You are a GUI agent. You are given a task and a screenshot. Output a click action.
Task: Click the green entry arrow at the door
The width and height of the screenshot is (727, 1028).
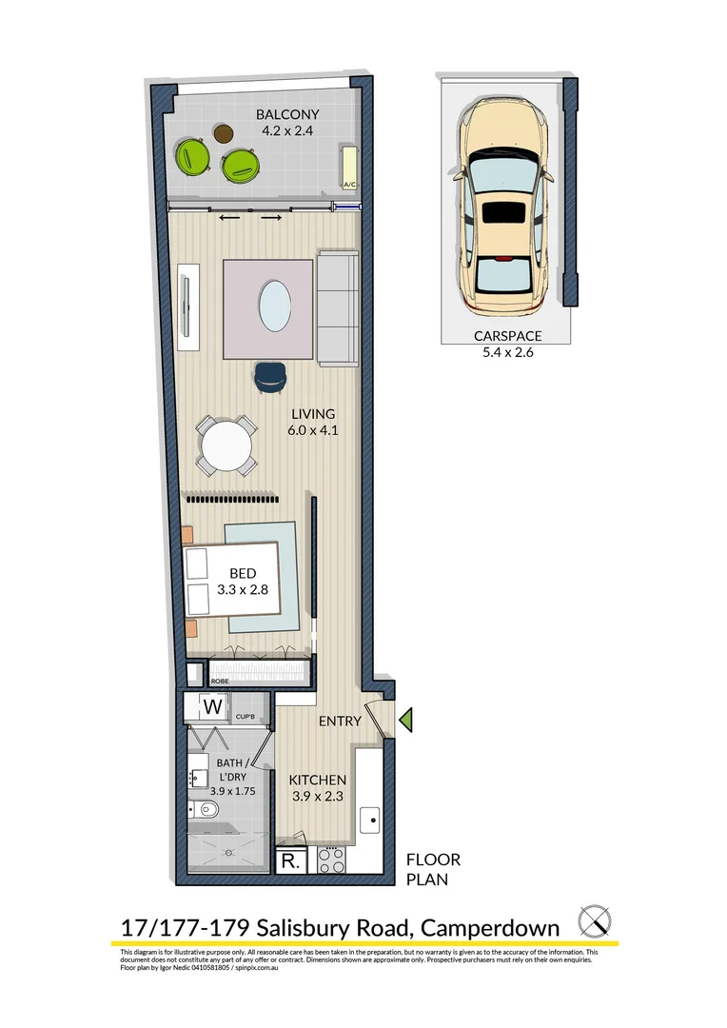(405, 722)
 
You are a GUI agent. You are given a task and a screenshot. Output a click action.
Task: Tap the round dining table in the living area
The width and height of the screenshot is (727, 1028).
(226, 445)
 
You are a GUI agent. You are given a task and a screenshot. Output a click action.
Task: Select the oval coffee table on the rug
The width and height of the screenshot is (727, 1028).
(276, 304)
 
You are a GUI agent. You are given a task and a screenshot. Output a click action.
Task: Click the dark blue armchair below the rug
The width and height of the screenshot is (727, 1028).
(269, 378)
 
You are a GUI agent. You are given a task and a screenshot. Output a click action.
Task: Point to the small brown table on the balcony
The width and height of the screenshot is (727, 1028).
(225, 134)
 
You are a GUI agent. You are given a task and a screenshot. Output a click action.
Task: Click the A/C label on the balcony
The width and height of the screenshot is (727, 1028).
(348, 186)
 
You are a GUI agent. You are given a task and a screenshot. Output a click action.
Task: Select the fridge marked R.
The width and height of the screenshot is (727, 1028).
(288, 862)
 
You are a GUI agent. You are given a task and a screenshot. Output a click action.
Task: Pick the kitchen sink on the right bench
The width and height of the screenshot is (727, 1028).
(369, 817)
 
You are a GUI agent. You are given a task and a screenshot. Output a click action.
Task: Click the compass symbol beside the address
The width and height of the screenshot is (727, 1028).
(595, 921)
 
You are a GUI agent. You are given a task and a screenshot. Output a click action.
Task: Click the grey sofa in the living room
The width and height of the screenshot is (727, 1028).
(337, 309)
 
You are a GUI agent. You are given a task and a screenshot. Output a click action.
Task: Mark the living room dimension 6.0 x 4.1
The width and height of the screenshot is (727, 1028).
(314, 430)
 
